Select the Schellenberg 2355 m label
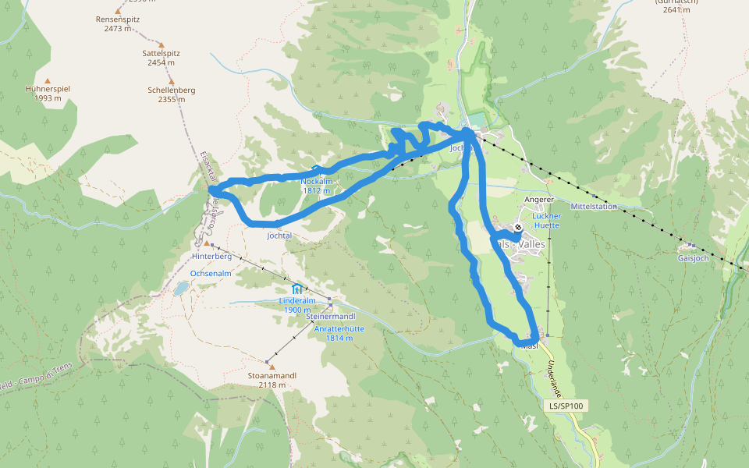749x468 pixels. click(171, 94)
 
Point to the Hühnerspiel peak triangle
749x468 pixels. click(48, 81)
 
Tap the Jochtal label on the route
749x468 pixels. click(279, 235)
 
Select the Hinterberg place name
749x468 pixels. click(211, 256)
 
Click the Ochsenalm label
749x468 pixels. click(211, 274)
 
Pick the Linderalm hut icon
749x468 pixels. click(296, 289)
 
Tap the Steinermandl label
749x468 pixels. click(331, 317)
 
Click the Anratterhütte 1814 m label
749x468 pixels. click(339, 333)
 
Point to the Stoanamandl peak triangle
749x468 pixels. click(272, 367)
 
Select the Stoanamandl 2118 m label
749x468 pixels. click(272, 380)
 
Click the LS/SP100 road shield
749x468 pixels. click(566, 406)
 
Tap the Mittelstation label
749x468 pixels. click(594, 207)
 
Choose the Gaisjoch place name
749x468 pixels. click(693, 258)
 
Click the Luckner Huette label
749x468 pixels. click(547, 220)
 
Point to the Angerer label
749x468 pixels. click(538, 200)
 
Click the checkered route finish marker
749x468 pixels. click(517, 229)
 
